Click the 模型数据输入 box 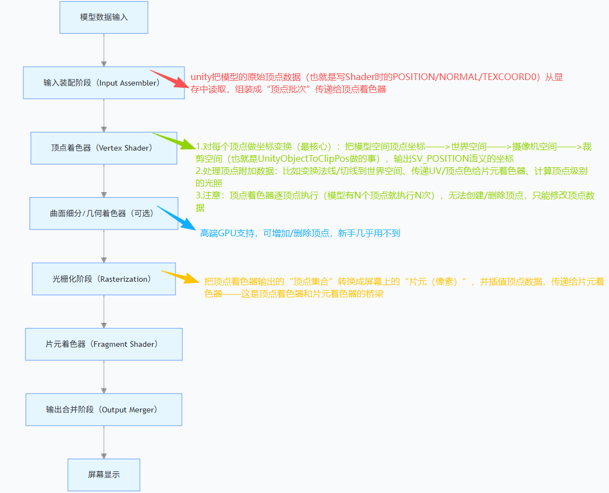click(104, 17)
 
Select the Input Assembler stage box click(104, 83)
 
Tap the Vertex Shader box click(104, 148)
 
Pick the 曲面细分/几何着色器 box click(104, 213)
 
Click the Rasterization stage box click(104, 279)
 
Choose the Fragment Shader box click(104, 344)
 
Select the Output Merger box click(104, 410)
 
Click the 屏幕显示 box click(104, 475)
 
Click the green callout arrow click(173, 141)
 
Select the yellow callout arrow click(180, 276)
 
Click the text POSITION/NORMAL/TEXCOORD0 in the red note click(466, 77)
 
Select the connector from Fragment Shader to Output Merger click(104, 377)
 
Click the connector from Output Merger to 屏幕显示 click(104, 442)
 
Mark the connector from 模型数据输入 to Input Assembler click(104, 50)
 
